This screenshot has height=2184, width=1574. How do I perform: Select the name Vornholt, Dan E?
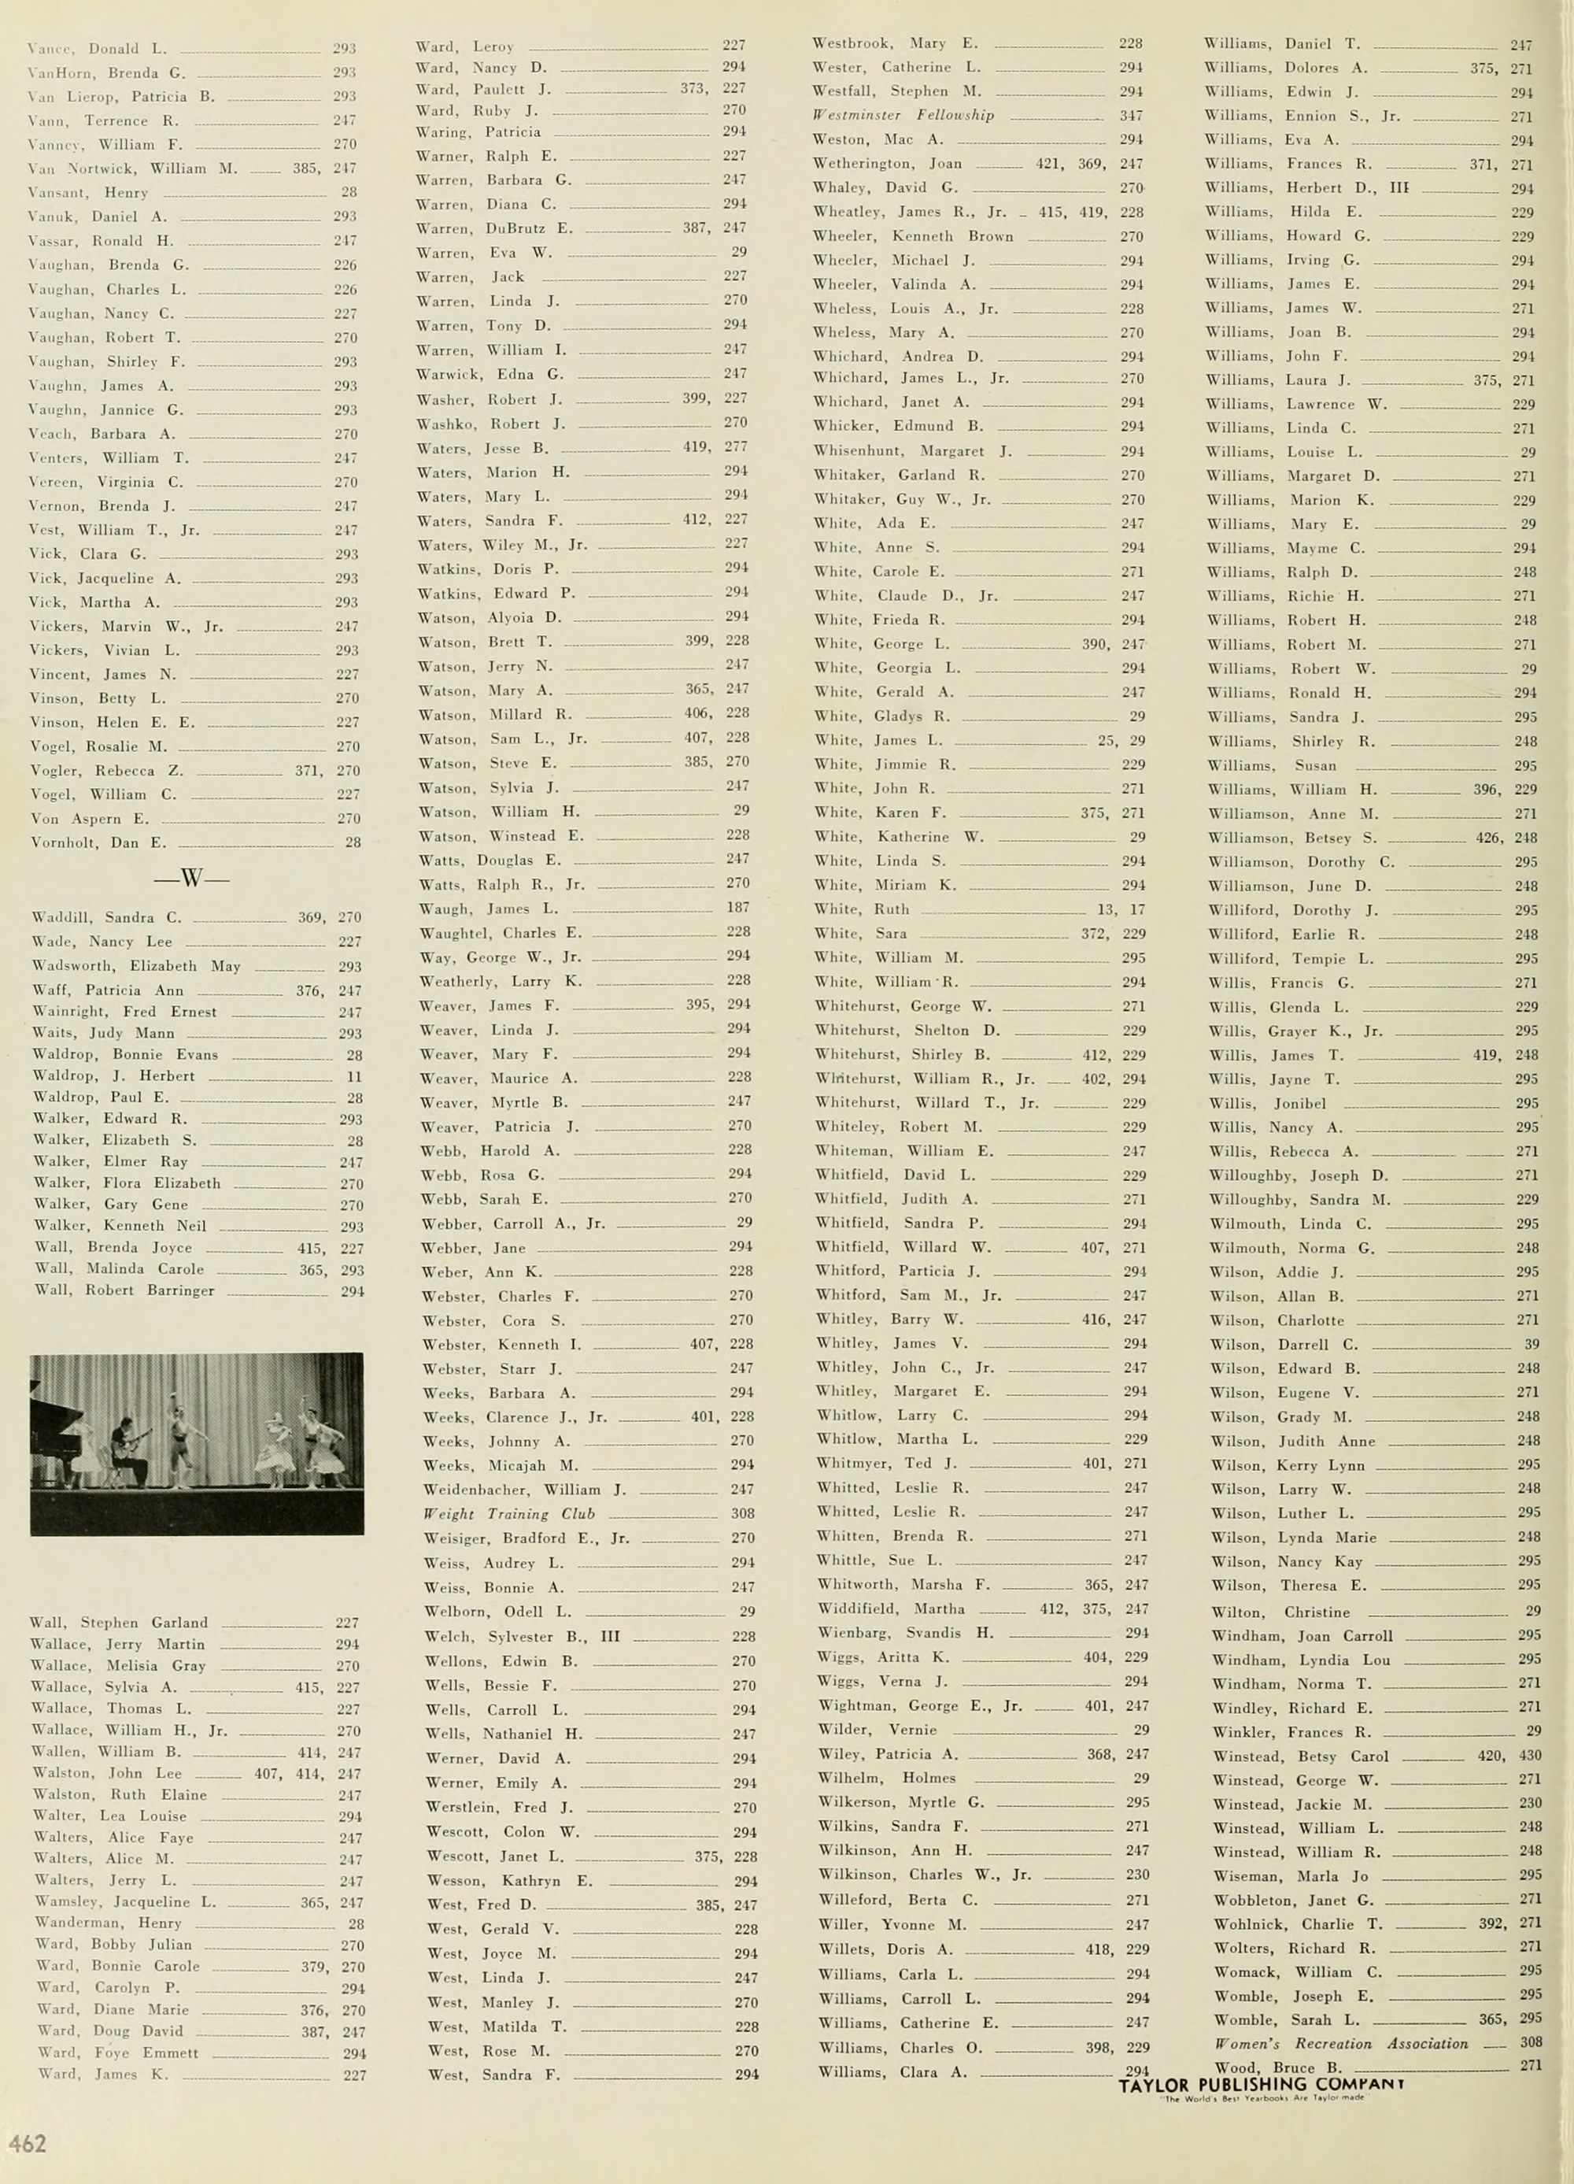click(99, 842)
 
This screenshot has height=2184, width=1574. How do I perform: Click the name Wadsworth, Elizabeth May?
click(135, 966)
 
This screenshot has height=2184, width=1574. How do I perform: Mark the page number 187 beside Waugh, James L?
click(738, 907)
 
